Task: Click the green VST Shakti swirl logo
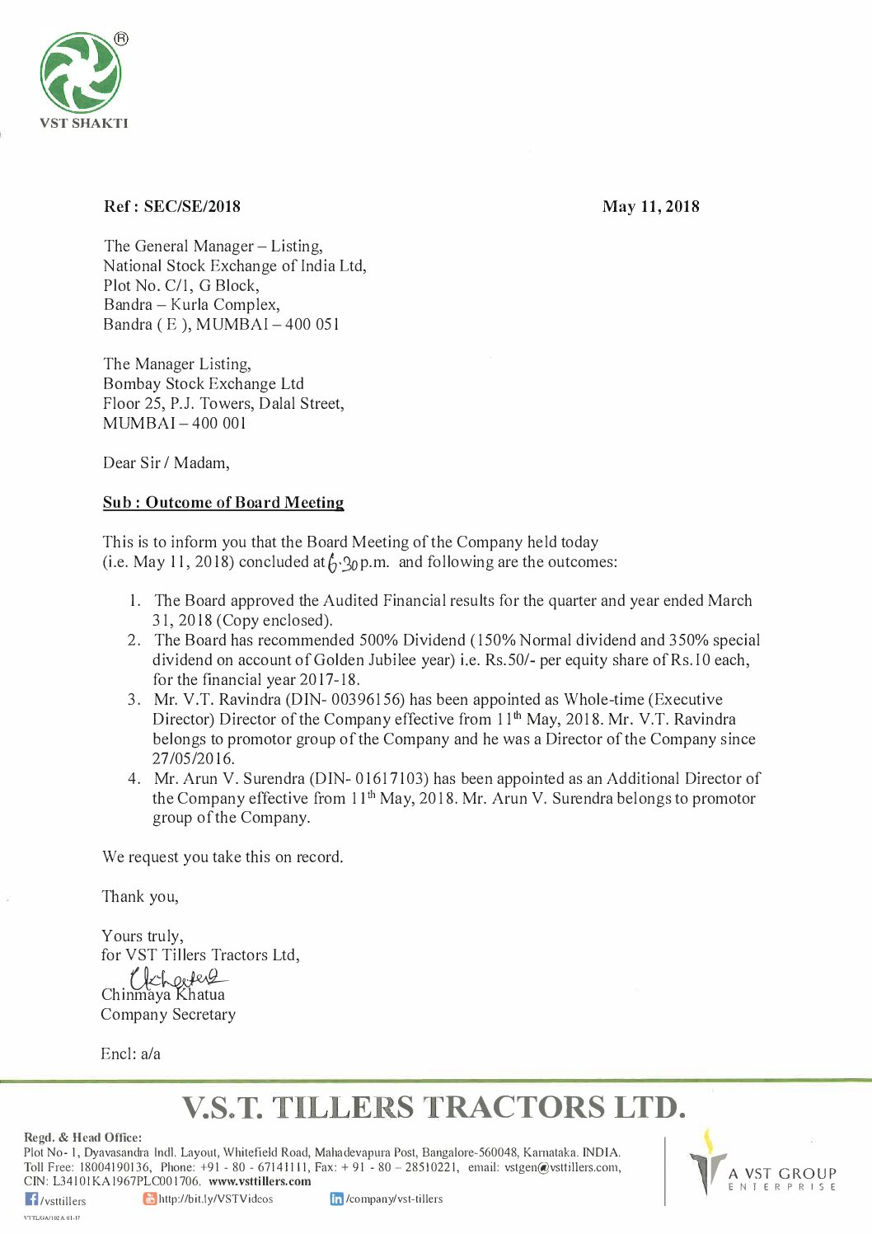pyautogui.click(x=81, y=73)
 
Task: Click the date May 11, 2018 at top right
pyautogui.click(x=650, y=207)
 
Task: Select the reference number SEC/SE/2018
pyautogui.click(x=192, y=207)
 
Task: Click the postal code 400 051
pyautogui.click(x=312, y=325)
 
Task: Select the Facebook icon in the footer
pyautogui.click(x=31, y=1199)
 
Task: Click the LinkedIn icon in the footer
pyautogui.click(x=336, y=1199)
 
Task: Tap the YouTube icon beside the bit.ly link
pyautogui.click(x=149, y=1199)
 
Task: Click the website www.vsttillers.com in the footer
pyautogui.click(x=260, y=1181)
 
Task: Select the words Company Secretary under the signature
pyautogui.click(x=168, y=1015)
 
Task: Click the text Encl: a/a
pyautogui.click(x=130, y=1054)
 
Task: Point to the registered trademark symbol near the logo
pyautogui.click(x=120, y=39)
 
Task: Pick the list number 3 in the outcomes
pyautogui.click(x=133, y=700)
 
